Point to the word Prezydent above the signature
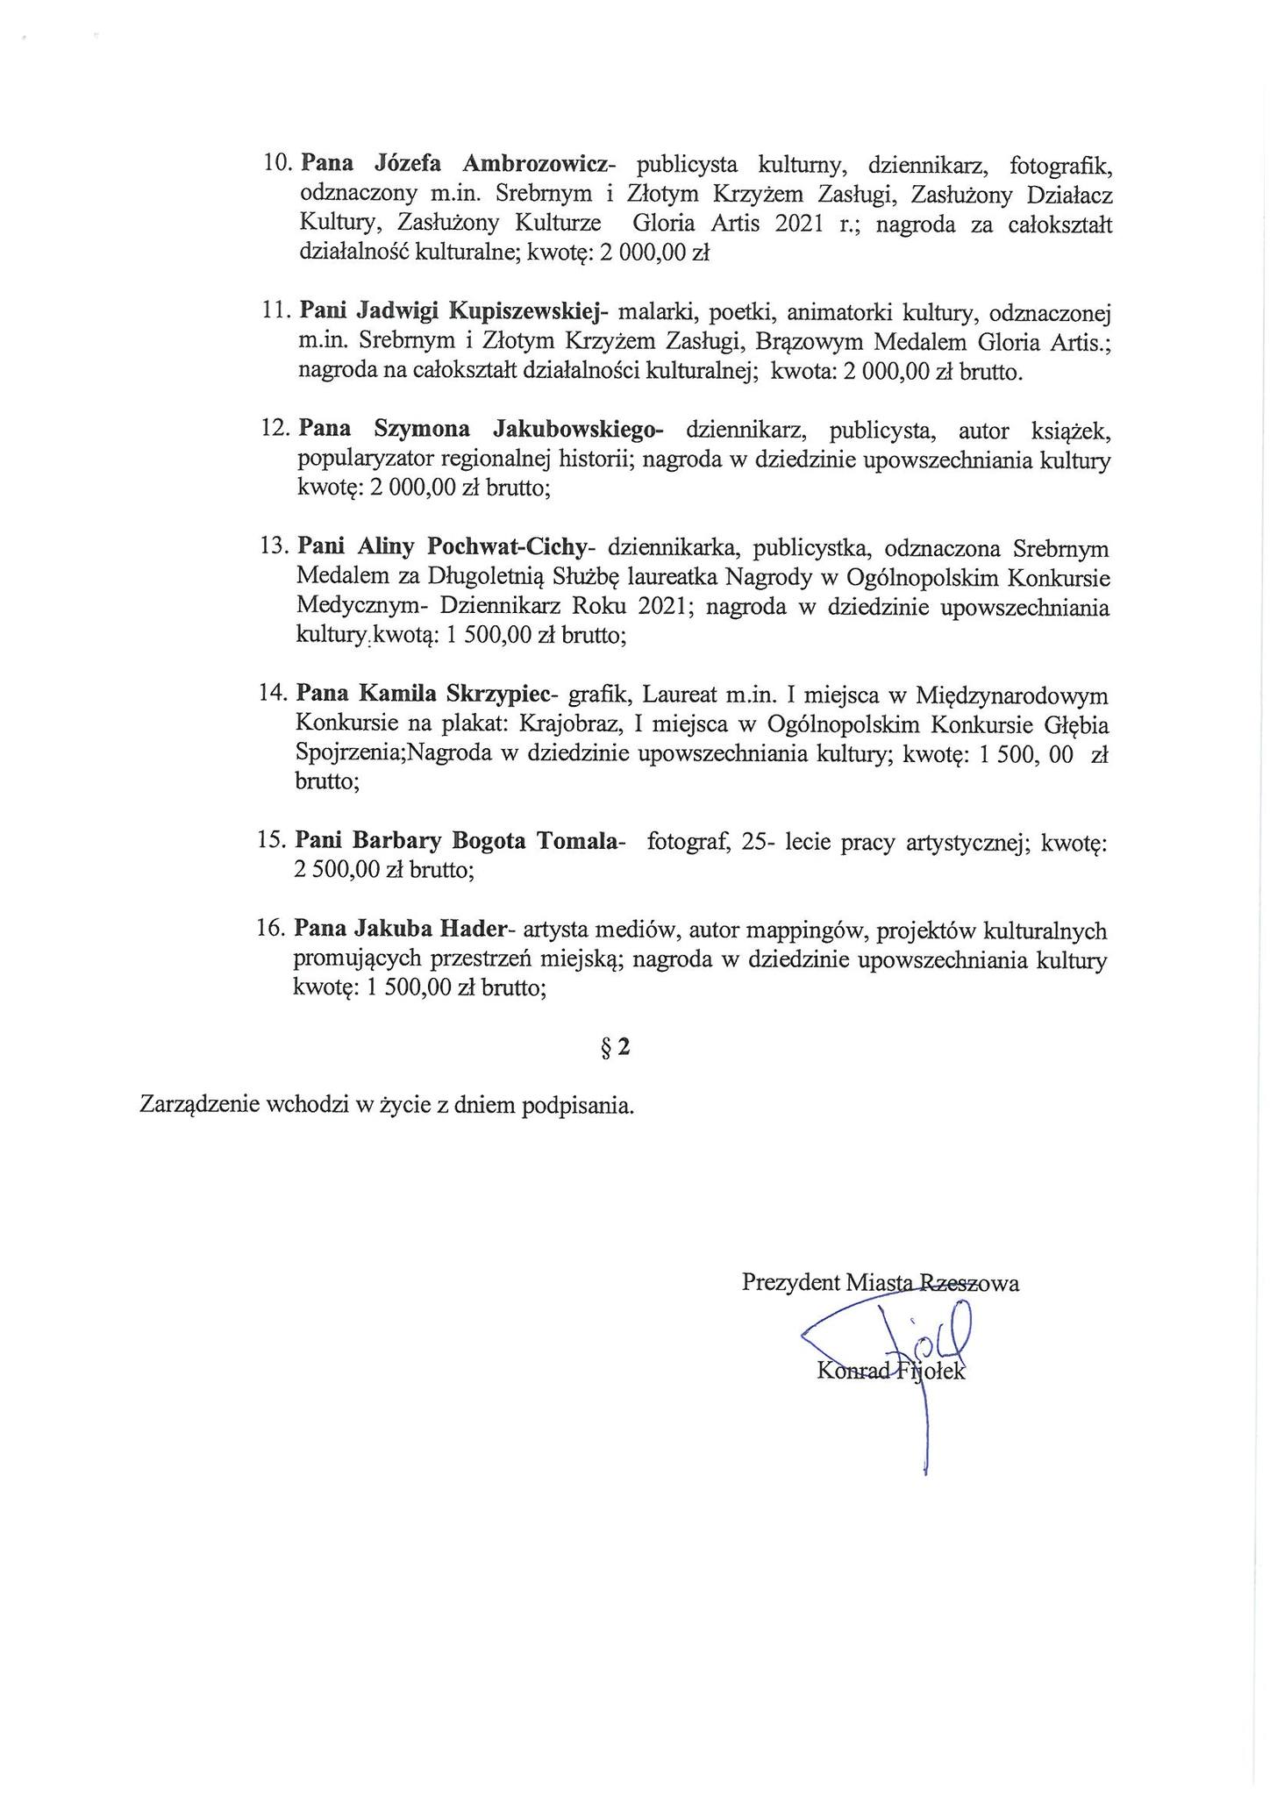(790, 1283)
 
